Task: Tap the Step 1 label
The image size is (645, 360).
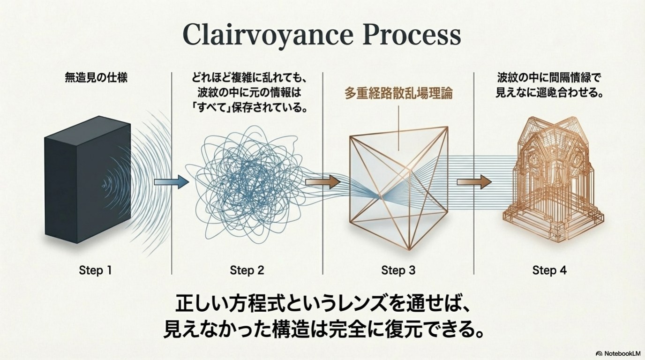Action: (x=96, y=270)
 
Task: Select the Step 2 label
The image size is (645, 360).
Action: (x=247, y=270)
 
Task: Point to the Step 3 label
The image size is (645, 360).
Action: (x=398, y=270)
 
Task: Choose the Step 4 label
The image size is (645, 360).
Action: (x=549, y=270)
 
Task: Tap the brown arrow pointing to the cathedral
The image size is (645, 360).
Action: (x=474, y=182)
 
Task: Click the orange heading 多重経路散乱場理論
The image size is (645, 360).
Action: (x=398, y=93)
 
